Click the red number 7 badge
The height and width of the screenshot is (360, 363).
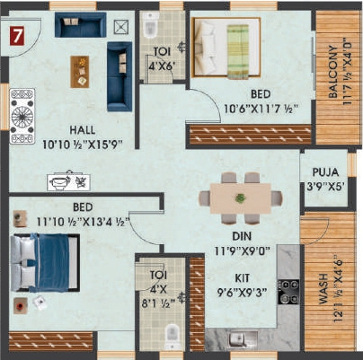tap(16, 36)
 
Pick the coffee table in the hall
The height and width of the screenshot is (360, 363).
tap(80, 70)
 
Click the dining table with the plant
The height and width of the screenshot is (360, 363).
tap(240, 196)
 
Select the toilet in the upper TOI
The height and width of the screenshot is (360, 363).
tap(150, 27)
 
